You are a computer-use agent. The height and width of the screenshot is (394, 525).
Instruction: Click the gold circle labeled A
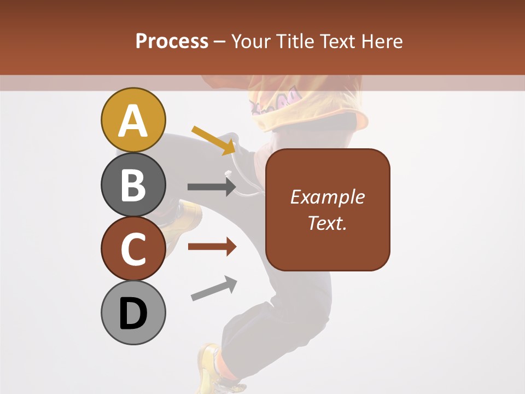pos(133,120)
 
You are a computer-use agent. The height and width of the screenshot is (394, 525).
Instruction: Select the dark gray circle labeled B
pos(133,184)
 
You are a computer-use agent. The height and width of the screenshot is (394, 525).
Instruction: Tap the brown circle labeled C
pos(133,248)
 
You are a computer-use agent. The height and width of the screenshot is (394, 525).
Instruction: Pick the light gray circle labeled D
pos(133,312)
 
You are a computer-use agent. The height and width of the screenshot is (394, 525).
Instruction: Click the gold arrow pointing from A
pos(214,140)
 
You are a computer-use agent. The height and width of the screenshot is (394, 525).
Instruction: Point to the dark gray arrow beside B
pos(212,187)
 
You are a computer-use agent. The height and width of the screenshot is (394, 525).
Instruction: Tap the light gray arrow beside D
pos(214,289)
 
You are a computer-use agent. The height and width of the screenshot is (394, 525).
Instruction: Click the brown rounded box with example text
pos(328,210)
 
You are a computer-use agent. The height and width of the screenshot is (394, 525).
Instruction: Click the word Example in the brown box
pos(328,197)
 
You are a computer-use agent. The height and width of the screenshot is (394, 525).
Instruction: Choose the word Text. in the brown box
pos(328,223)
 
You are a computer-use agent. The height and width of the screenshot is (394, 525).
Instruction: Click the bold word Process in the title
pos(172,41)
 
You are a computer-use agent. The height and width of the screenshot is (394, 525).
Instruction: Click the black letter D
pos(133,314)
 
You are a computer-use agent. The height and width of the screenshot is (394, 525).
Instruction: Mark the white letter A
pos(133,121)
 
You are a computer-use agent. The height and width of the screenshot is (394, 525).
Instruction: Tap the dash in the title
pos(220,42)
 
